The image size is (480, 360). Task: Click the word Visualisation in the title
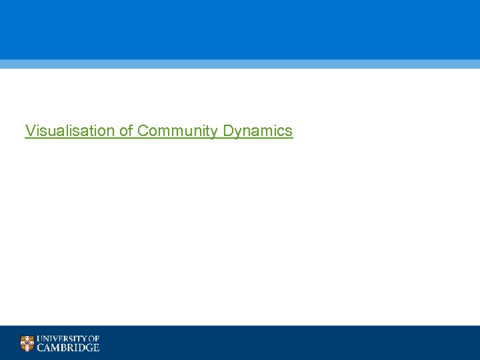point(70,131)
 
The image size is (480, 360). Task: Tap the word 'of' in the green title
point(127,131)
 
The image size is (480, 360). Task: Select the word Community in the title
point(178,131)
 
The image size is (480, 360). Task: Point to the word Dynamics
point(257,131)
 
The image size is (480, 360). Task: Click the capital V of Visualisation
point(29,131)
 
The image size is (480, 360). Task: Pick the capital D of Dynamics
point(228,131)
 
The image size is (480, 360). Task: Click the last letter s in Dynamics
point(289,131)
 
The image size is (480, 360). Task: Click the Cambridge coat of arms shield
point(27,343)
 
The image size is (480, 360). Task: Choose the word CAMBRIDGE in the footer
point(68,347)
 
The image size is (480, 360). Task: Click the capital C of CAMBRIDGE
point(41,347)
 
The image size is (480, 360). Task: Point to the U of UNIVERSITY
point(41,339)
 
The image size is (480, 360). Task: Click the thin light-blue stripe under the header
point(240,64)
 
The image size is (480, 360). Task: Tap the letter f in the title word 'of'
point(131,131)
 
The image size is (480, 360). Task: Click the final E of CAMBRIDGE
point(96,347)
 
